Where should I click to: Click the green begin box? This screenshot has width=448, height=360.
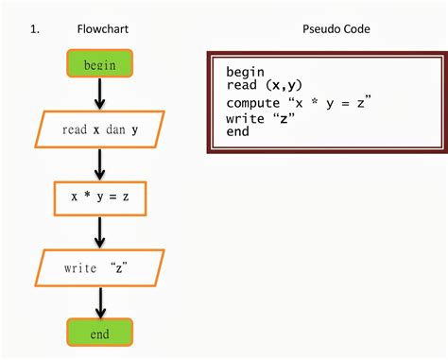(x=99, y=64)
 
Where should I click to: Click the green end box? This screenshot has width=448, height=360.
(x=99, y=334)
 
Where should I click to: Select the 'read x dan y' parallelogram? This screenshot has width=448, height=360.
(x=99, y=129)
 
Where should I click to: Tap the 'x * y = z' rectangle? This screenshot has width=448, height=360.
(x=99, y=197)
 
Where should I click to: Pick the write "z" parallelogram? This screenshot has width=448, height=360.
(x=99, y=267)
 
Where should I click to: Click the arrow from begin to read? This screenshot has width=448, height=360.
(x=99, y=94)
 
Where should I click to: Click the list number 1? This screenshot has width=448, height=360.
(x=34, y=29)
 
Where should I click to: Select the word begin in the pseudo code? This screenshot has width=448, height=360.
(x=246, y=72)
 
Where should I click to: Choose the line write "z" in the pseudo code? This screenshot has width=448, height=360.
(x=257, y=117)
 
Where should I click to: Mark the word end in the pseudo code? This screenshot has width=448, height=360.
(x=238, y=131)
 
